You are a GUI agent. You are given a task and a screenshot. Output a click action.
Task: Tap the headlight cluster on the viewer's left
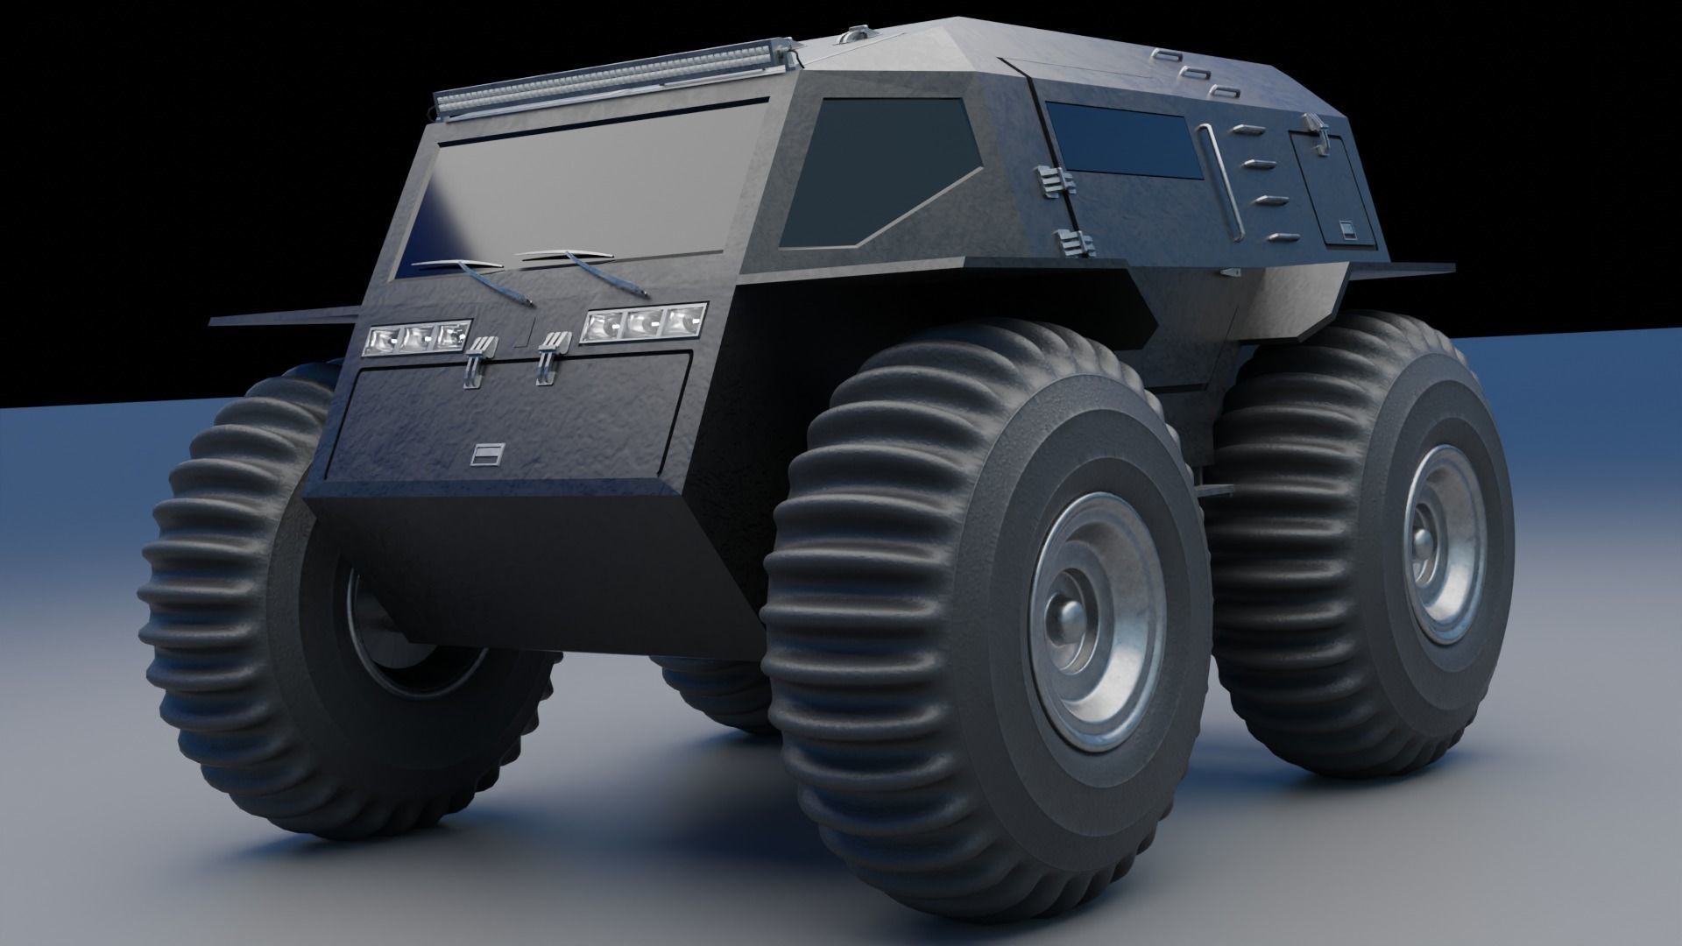[415, 337]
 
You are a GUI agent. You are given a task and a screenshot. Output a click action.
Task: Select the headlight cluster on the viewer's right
[644, 323]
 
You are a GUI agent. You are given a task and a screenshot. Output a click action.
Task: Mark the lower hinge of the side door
[1068, 242]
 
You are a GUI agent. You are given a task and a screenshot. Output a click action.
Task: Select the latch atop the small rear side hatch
[1318, 128]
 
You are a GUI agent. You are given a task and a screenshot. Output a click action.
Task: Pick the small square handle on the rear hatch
[1346, 229]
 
